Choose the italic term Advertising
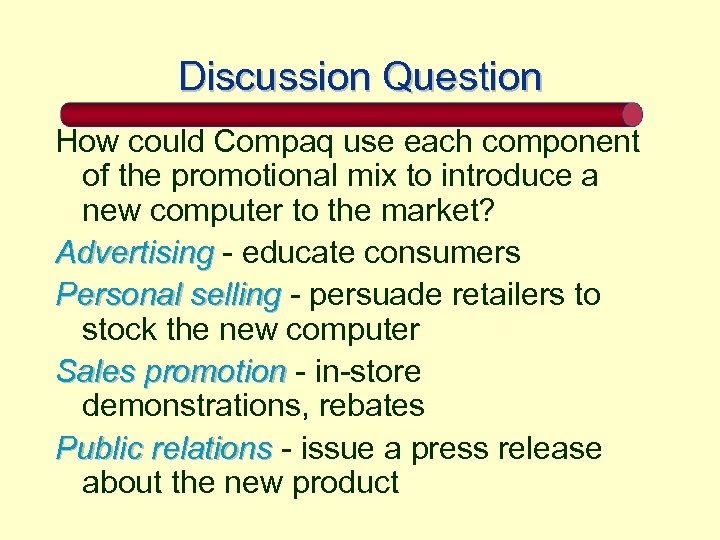(135, 252)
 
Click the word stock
(118, 329)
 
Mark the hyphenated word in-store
(368, 372)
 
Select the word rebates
(374, 406)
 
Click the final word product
(345, 483)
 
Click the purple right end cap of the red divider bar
(632, 113)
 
